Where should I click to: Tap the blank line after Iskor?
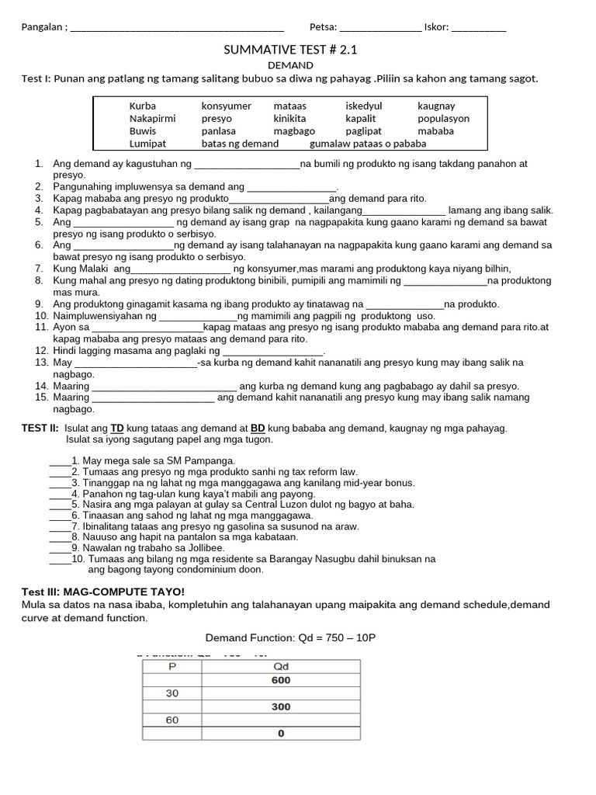click(479, 30)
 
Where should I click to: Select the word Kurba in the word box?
click(143, 106)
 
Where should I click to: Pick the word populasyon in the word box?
click(443, 119)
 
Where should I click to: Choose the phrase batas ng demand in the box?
click(240, 144)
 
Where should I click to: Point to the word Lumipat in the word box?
click(147, 144)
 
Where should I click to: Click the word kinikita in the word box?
click(290, 119)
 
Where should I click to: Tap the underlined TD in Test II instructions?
click(117, 429)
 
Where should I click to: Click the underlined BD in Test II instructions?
click(258, 429)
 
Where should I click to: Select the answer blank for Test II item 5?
click(59, 505)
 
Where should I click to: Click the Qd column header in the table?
click(281, 666)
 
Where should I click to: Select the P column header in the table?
click(172, 666)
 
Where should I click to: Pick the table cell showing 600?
click(281, 680)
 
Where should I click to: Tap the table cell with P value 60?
click(172, 720)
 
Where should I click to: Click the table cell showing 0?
click(281, 734)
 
